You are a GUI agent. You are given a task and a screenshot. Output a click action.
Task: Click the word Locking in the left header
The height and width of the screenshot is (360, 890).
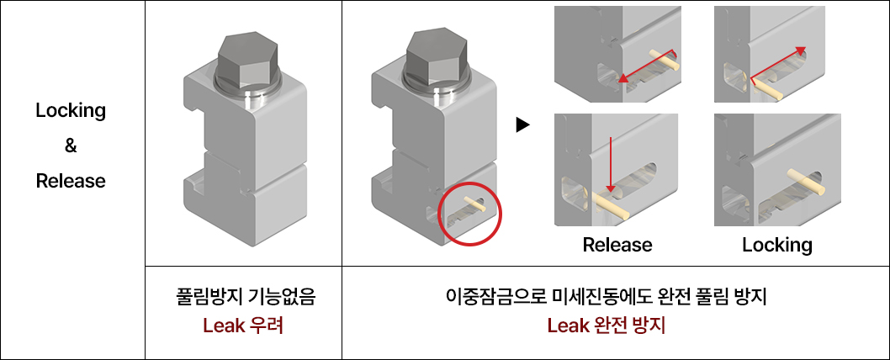[71, 110]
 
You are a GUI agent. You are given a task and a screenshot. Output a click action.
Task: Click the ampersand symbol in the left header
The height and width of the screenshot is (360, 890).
[71, 146]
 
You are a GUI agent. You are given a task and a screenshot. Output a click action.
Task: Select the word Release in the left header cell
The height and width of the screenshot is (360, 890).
[71, 181]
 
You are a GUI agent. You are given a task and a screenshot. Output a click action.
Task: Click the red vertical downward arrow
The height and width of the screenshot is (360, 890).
[611, 165]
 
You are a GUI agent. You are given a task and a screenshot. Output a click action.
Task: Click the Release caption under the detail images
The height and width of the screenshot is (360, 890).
[617, 245]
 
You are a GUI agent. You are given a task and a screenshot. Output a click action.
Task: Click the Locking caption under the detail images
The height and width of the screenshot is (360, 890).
[776, 245]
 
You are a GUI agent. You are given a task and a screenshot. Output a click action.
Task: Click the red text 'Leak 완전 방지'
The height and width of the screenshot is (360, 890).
[606, 325]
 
